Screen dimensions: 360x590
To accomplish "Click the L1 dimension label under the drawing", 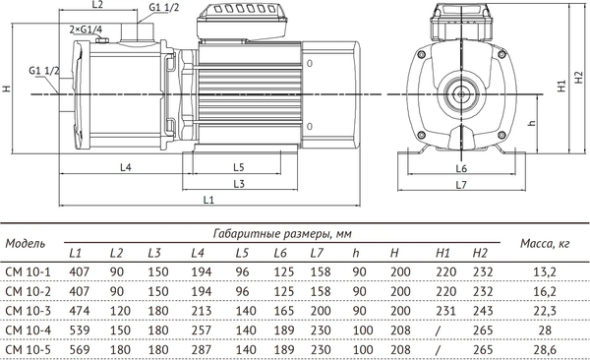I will (x=207, y=201).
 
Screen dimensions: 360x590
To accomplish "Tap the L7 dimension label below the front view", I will (x=462, y=186).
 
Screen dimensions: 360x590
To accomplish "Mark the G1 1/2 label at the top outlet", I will (x=164, y=8).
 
